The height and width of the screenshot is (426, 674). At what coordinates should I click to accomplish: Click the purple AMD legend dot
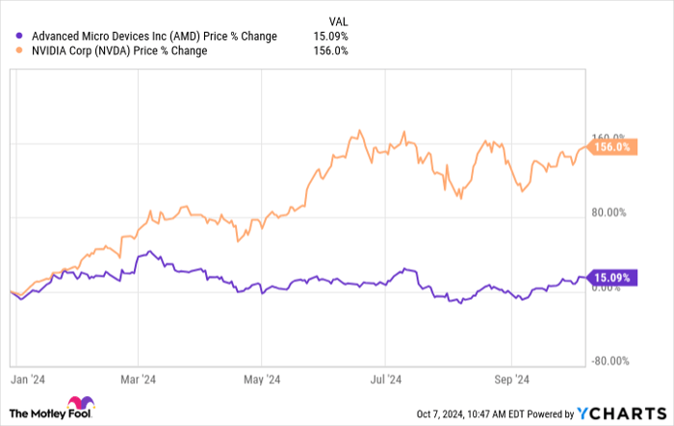pos(9,37)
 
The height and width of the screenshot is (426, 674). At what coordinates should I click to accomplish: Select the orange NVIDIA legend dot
pos(9,51)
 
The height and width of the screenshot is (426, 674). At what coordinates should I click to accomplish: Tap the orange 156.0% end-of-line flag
pos(610,147)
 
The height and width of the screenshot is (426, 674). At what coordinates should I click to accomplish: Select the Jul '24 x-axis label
pos(386,379)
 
